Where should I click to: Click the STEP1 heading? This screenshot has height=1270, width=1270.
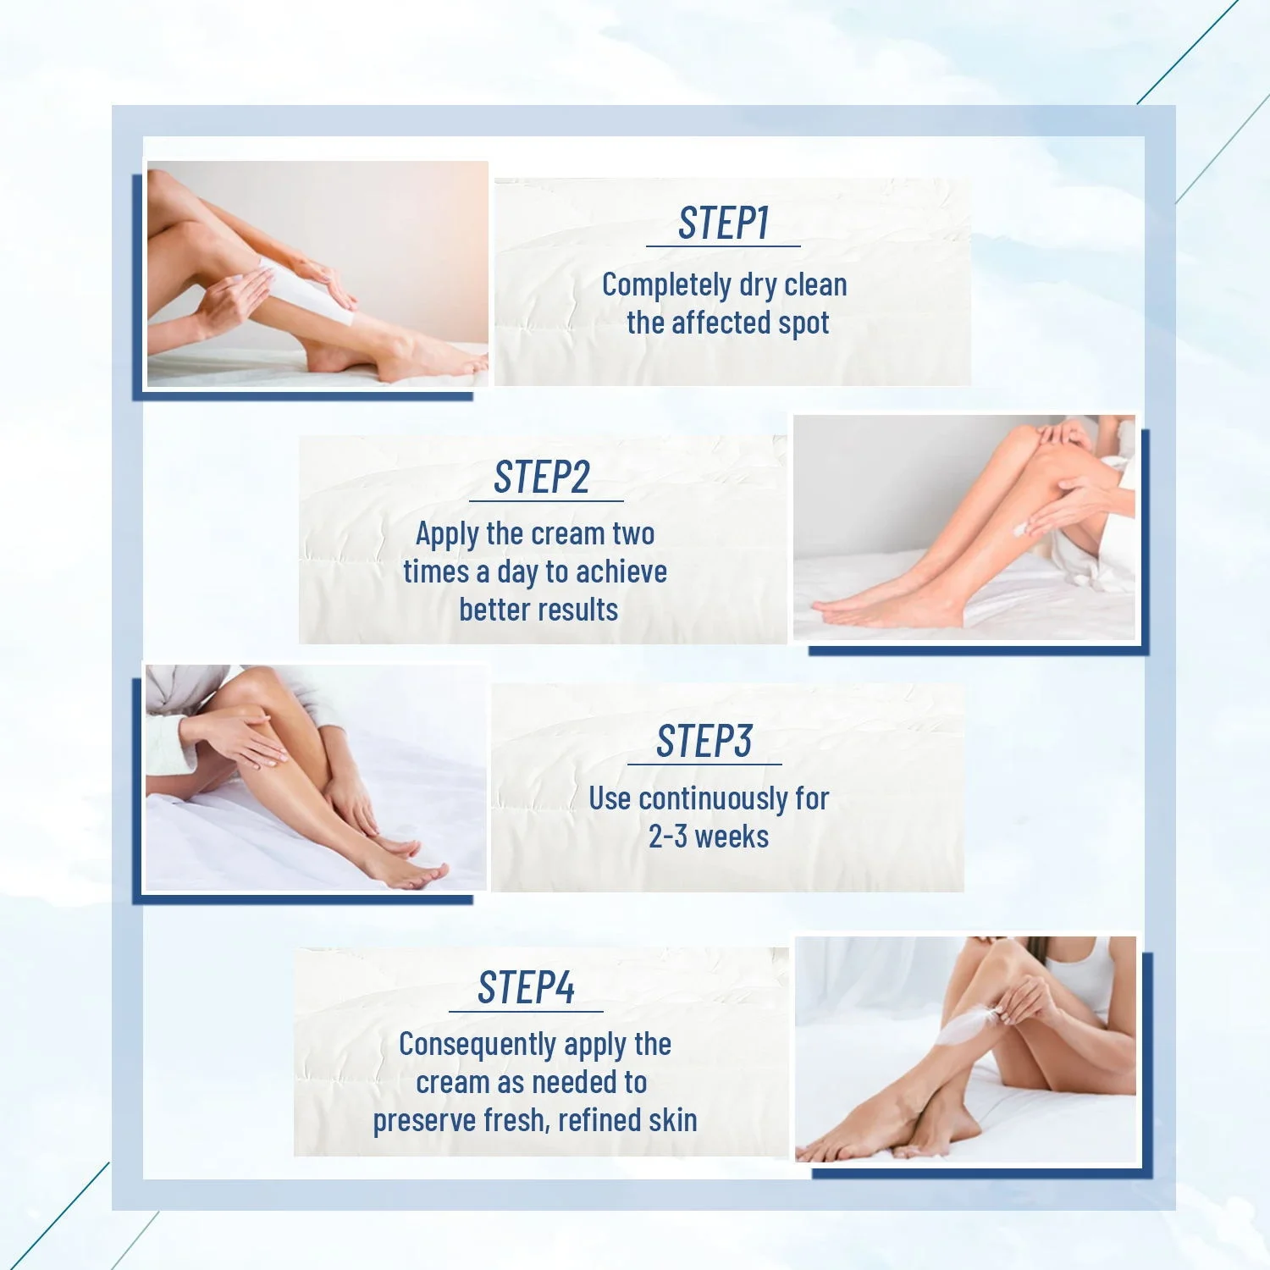pos(723,224)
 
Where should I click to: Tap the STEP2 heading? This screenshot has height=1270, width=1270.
pos(542,478)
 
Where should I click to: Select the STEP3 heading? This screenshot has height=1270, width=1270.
pos(704,742)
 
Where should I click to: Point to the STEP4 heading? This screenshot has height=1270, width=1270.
pos(526,988)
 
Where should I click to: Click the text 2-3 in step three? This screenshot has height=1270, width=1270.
pos(667,837)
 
